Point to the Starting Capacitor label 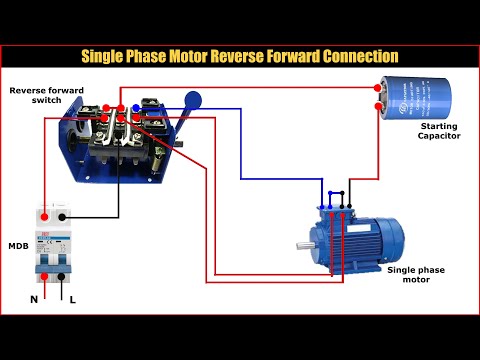[x=439, y=130]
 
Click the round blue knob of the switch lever [x=194, y=99]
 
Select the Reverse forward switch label [x=46, y=96]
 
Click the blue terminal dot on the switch [x=136, y=108]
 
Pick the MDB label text [x=18, y=245]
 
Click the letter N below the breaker [x=34, y=299]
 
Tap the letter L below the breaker [x=70, y=299]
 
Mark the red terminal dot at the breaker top [x=43, y=215]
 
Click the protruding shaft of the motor [x=301, y=243]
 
